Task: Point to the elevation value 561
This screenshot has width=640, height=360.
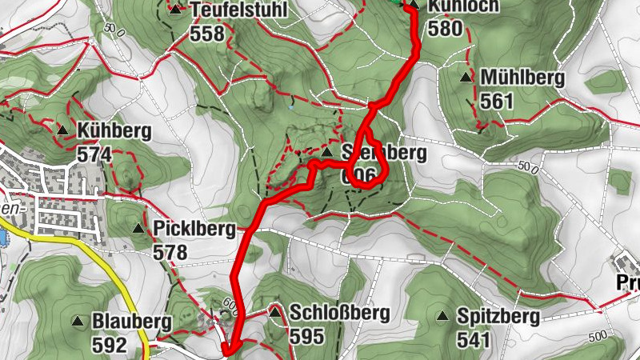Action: [497, 101]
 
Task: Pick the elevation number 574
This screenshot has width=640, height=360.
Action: [95, 154]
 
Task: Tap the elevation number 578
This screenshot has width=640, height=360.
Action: [170, 253]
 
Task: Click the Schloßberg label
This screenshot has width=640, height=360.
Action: [329, 313]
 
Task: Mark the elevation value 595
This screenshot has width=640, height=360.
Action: [307, 336]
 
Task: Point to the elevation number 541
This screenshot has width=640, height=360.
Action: [474, 339]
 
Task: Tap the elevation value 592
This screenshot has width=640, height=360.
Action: [110, 345]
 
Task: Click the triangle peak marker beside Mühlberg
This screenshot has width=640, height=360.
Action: [466, 78]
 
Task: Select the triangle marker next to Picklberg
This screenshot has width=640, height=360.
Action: [139, 230]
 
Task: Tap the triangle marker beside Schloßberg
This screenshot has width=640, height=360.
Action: [275, 311]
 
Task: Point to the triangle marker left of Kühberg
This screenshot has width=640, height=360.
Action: [62, 130]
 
